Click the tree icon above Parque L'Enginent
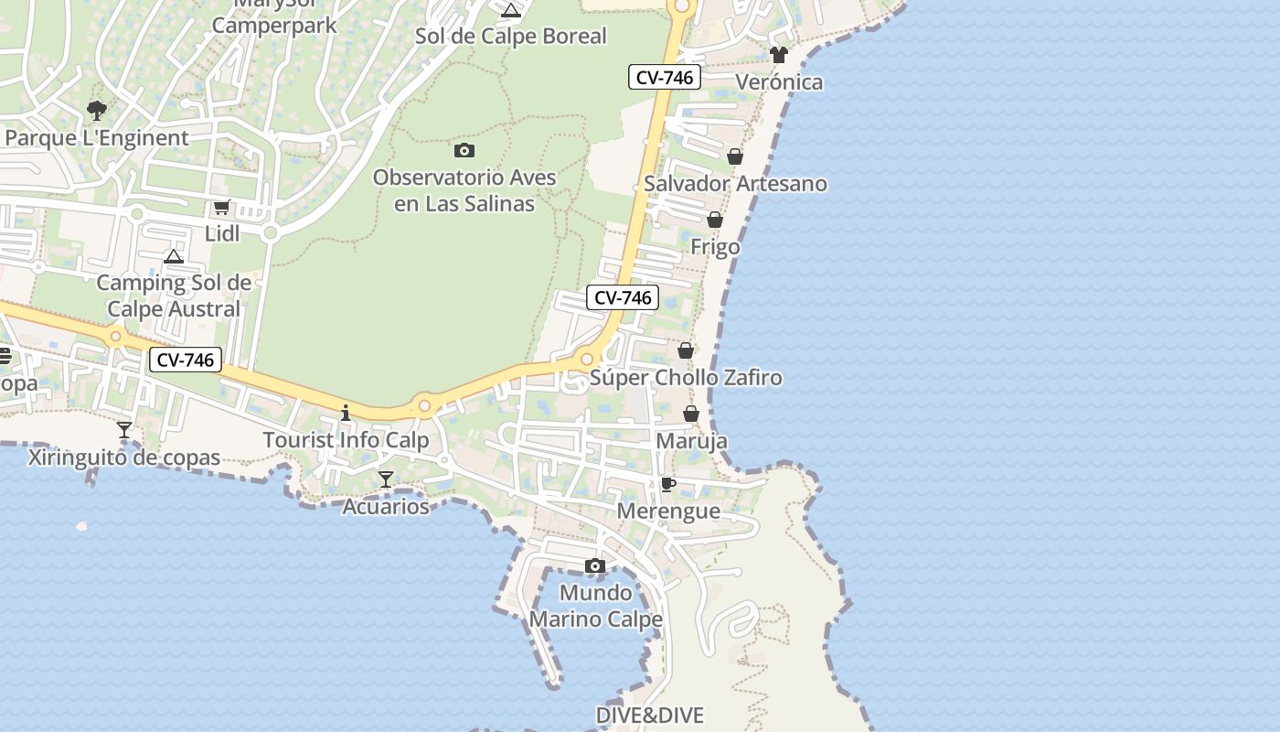[x=96, y=112]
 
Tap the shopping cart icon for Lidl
[x=221, y=208]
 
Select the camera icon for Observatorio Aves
[x=464, y=150]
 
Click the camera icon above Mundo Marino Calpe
[x=595, y=566]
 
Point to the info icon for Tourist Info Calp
[x=346, y=414]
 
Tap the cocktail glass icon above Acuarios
[x=386, y=479]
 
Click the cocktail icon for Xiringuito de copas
[x=124, y=429]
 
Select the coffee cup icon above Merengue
[x=668, y=484]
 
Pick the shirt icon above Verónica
[x=778, y=55]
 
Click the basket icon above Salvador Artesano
[x=735, y=156]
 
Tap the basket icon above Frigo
[x=715, y=220]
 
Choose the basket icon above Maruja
[x=691, y=414]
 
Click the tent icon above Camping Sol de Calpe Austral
[x=174, y=256]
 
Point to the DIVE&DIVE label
[x=649, y=715]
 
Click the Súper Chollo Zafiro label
[x=686, y=378]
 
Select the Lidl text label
[x=222, y=233]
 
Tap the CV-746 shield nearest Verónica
[x=665, y=78]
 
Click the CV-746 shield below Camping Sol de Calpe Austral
[x=186, y=361]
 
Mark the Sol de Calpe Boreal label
[x=511, y=37]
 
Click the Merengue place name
[x=668, y=511]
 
